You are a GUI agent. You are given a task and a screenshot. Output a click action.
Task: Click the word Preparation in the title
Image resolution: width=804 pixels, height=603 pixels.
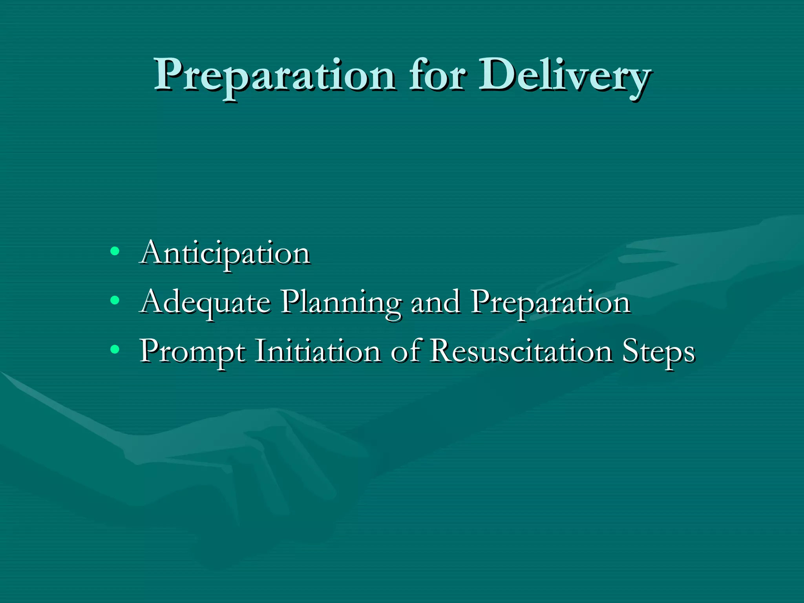click(274, 76)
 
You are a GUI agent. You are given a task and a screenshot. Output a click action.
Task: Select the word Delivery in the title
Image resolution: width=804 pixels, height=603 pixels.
click(565, 76)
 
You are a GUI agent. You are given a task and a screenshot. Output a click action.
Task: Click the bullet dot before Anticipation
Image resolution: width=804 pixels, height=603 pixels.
click(114, 251)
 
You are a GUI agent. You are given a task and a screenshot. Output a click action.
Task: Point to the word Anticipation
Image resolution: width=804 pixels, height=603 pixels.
click(225, 254)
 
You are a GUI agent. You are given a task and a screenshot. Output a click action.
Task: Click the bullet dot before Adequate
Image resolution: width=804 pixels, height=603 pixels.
click(114, 300)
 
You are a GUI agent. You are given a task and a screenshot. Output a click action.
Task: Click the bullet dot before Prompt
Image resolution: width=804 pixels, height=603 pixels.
click(114, 349)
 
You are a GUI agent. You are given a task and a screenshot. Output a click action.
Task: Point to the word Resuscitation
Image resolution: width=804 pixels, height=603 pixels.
click(521, 351)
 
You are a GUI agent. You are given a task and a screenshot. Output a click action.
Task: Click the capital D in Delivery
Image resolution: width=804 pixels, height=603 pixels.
click(495, 75)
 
